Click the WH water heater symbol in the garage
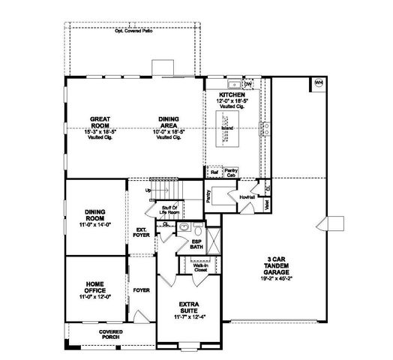click(x=318, y=82)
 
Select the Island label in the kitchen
click(x=226, y=128)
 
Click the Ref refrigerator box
click(x=214, y=172)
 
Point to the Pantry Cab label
click(x=231, y=172)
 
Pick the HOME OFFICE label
click(x=94, y=289)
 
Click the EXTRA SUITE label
click(x=187, y=308)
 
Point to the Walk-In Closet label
click(x=200, y=268)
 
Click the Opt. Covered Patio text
click(x=134, y=31)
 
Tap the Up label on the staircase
click(x=148, y=190)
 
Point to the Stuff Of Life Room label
click(x=169, y=210)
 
